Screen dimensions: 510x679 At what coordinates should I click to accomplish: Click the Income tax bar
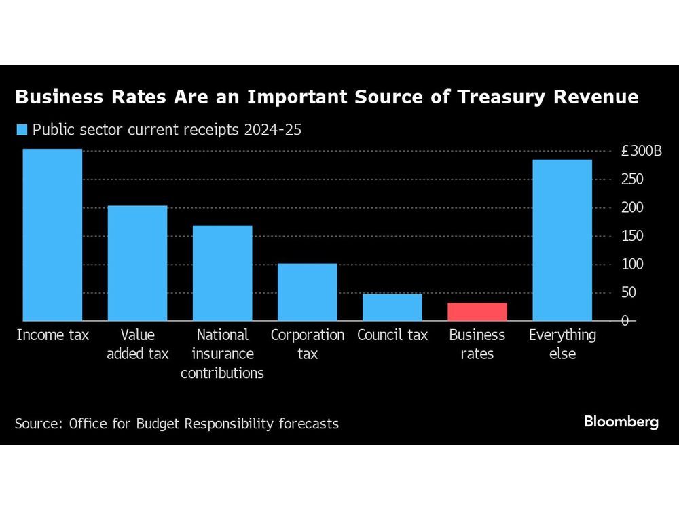point(52,235)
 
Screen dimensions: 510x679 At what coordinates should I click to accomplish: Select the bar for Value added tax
point(138,263)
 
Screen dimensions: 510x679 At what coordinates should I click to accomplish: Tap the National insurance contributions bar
point(223,273)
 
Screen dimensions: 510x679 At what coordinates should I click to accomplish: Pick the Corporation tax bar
point(308,292)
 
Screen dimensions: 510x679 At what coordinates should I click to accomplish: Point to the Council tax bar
point(392,307)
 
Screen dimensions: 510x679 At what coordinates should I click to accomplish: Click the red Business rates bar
point(477,311)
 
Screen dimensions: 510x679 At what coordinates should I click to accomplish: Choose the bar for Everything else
point(562,240)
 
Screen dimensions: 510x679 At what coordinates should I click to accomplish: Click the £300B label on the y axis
point(641,151)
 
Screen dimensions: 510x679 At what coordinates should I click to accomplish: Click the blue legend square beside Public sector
point(21,130)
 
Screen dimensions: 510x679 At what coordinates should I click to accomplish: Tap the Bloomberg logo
point(621,422)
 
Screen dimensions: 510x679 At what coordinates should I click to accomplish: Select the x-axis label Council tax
point(392,335)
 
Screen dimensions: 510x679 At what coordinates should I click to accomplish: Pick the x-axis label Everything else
point(562,344)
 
